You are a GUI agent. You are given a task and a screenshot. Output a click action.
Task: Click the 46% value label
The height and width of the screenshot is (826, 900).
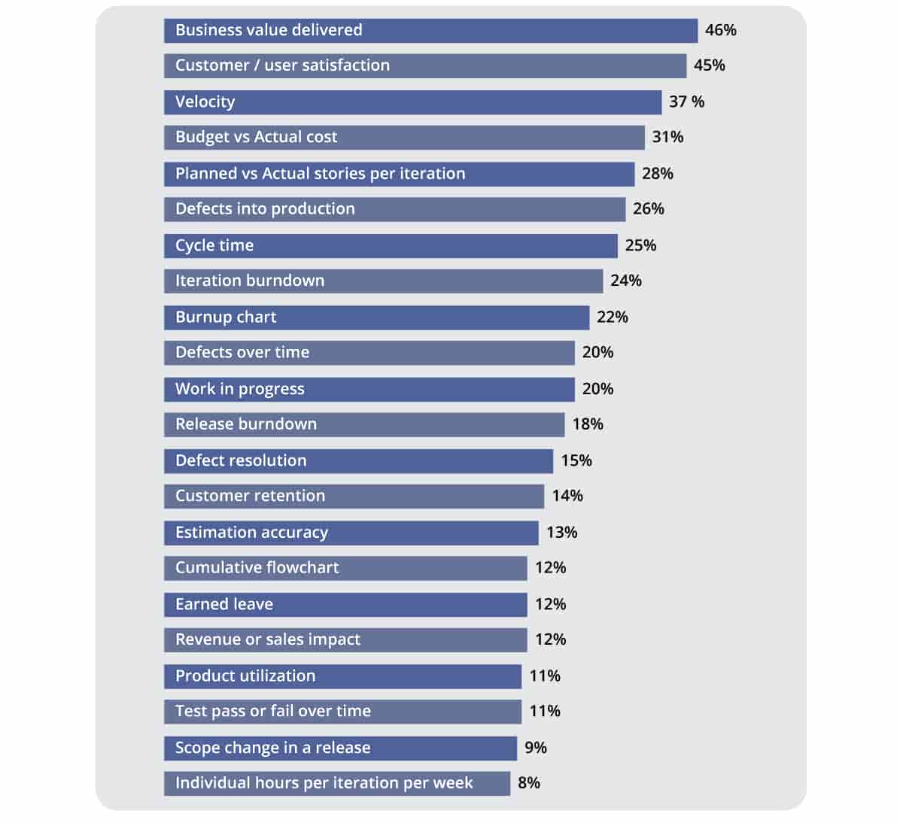tap(720, 30)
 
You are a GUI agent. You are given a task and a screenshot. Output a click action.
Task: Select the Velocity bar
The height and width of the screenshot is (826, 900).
tap(412, 102)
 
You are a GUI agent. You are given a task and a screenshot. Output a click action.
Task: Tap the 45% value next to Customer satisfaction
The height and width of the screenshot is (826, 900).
tap(709, 65)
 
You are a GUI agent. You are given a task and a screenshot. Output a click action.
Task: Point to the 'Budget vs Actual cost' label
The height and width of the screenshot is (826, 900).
tap(256, 137)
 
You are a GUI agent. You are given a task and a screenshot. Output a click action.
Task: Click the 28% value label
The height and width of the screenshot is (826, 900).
tap(657, 174)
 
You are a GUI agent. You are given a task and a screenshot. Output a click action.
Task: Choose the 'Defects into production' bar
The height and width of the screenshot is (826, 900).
tap(394, 209)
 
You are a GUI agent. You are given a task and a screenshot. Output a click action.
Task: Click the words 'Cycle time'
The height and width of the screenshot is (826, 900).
tap(214, 245)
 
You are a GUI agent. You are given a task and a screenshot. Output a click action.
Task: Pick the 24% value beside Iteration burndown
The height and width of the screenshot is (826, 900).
tap(625, 281)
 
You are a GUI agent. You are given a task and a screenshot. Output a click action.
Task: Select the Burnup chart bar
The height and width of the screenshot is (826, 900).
tap(376, 317)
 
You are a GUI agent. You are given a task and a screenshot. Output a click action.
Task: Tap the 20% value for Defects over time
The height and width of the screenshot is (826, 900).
tap(597, 352)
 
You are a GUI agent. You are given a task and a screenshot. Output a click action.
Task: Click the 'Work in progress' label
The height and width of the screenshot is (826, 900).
tap(239, 389)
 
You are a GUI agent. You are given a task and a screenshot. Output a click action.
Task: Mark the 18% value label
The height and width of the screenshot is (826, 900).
tap(587, 424)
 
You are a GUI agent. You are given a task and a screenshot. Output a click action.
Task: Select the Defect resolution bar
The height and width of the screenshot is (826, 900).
tap(358, 461)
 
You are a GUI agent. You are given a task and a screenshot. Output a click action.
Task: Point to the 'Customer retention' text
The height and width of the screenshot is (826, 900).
tap(250, 496)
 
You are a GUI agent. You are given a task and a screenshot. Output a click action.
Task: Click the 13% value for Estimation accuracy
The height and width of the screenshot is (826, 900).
tap(561, 533)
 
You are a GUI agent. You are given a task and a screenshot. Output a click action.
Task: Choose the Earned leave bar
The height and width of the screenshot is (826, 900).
tap(345, 605)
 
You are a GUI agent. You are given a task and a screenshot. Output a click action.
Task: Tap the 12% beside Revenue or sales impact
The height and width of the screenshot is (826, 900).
tap(550, 639)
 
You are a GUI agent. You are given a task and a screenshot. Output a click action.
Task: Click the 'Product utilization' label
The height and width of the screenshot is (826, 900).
tap(245, 676)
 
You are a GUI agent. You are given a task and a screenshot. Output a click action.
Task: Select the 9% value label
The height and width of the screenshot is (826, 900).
tap(535, 748)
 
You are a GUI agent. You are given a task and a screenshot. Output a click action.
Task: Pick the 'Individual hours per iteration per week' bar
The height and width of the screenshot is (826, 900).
tap(336, 783)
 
